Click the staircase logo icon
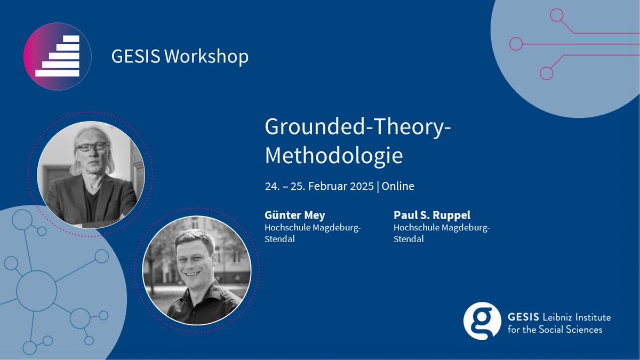57,56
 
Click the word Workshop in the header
206,56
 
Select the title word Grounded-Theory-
357,127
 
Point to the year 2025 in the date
361,186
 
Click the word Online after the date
398,186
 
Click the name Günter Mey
295,215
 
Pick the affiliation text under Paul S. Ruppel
441,233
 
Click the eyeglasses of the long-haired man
92,147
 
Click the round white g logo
482,321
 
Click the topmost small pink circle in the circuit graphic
556,15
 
